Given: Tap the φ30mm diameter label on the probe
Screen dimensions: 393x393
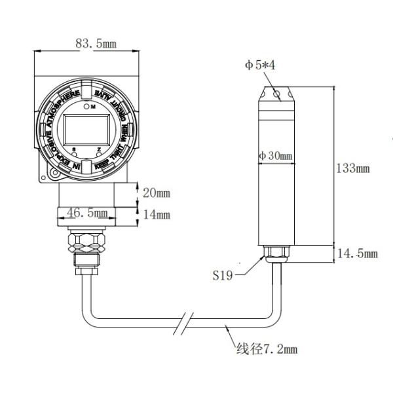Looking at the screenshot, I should (275, 156).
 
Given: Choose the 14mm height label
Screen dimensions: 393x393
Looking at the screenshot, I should (157, 214).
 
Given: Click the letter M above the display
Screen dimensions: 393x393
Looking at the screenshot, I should (92, 105).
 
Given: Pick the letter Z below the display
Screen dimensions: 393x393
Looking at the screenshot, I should (98, 150).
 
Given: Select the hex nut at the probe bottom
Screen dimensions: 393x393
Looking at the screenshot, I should (274, 251).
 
